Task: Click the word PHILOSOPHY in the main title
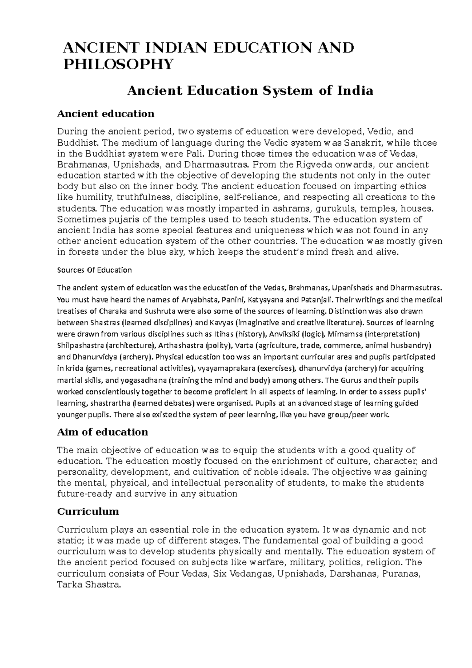(x=118, y=64)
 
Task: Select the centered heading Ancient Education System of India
(x=249, y=91)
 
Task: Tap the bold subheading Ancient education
(x=105, y=114)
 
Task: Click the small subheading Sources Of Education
(x=94, y=270)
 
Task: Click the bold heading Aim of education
(x=102, y=432)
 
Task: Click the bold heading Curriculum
(x=88, y=511)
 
